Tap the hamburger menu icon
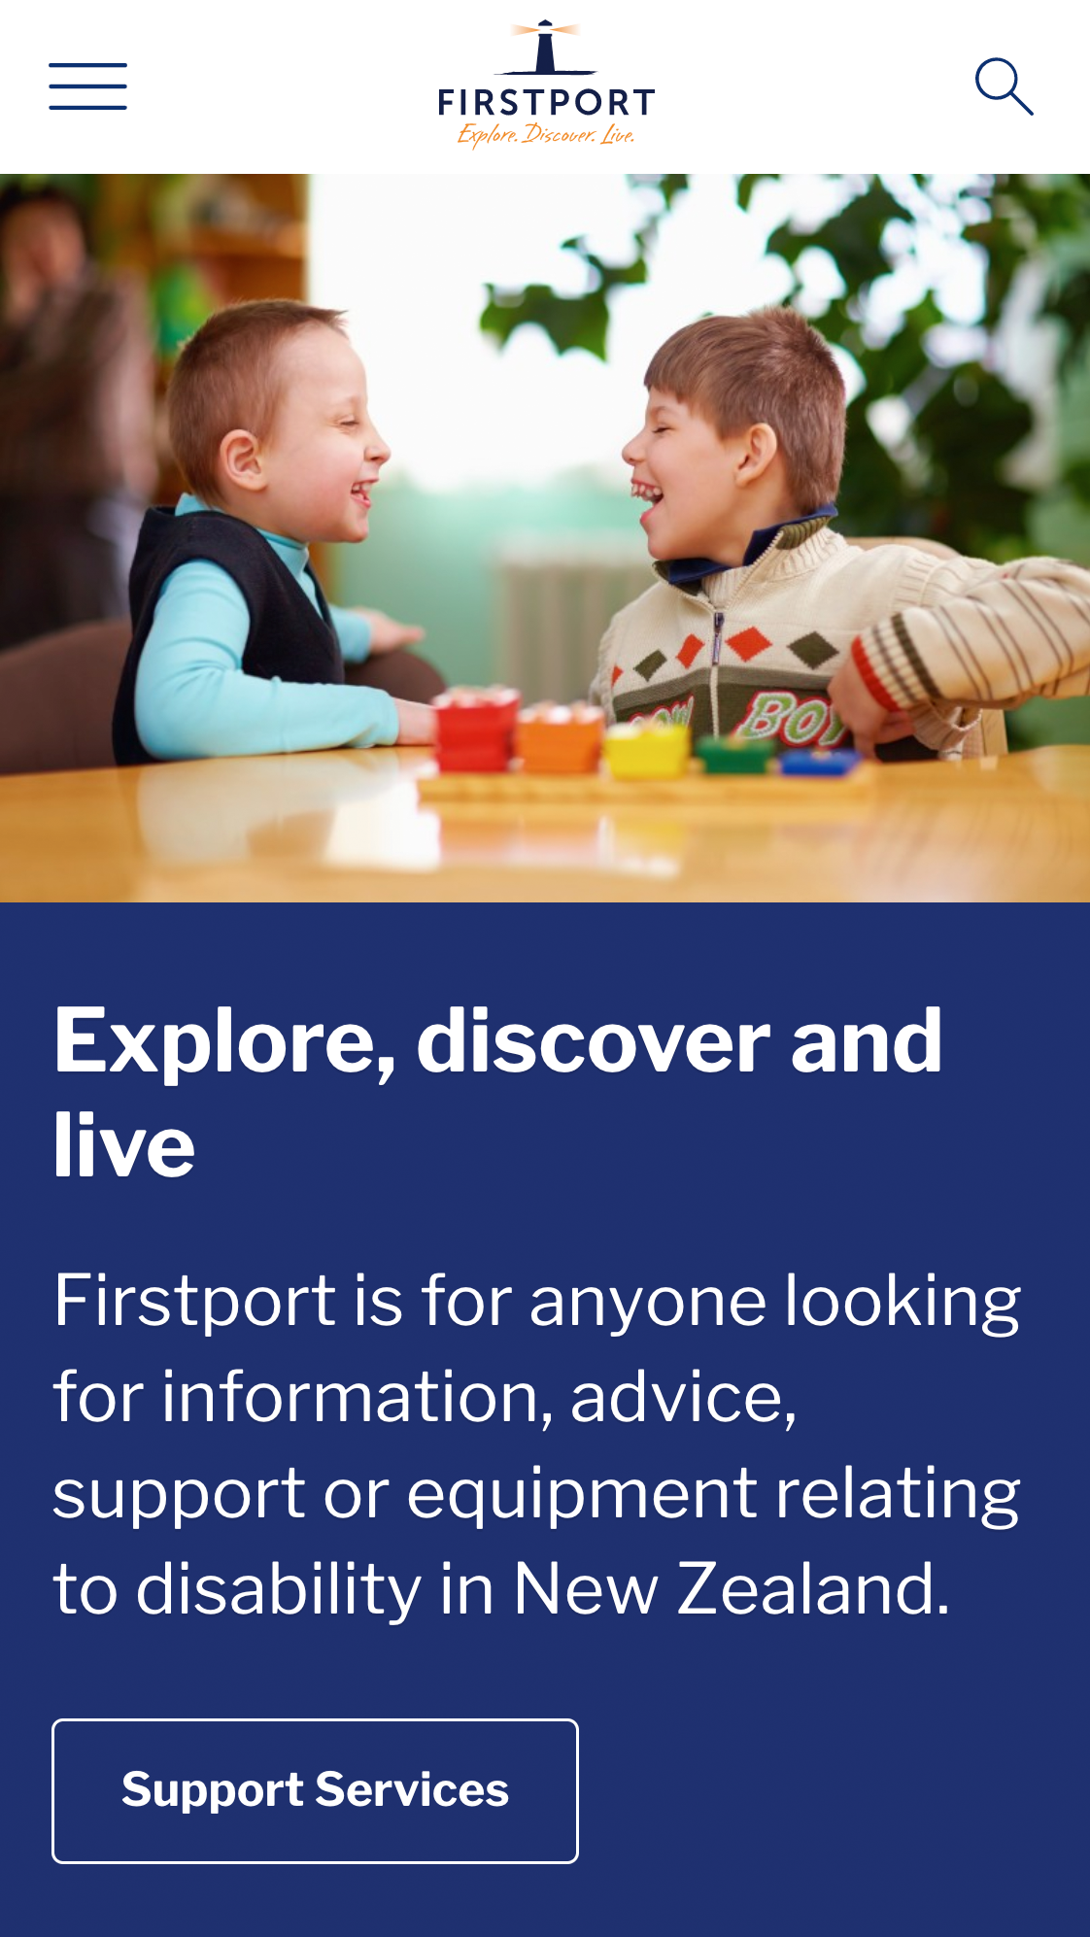coord(87,86)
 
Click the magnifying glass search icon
coord(1004,86)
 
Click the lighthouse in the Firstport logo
coord(546,48)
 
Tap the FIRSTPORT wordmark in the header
coord(546,103)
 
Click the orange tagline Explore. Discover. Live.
coord(546,134)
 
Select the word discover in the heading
coord(593,1040)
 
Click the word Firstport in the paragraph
coord(195,1302)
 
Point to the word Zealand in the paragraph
coord(813,1589)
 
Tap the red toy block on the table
coord(476,728)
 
